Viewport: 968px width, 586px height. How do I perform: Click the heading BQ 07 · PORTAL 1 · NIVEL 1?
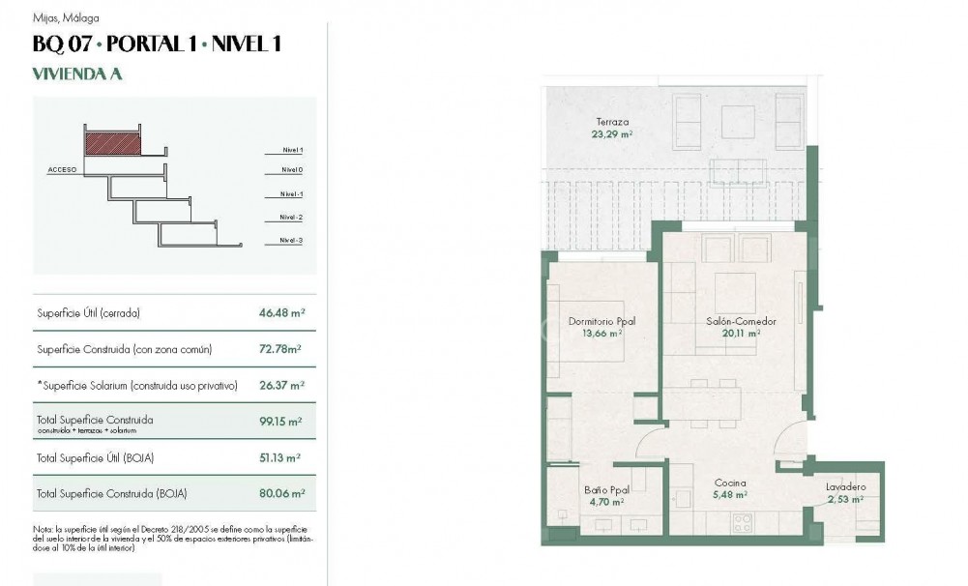click(x=157, y=44)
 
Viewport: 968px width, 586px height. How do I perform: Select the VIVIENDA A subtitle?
click(x=77, y=73)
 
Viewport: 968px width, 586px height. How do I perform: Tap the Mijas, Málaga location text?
click(x=66, y=17)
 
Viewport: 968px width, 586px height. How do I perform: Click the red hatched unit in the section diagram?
click(x=112, y=144)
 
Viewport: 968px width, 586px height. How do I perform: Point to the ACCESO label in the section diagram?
click(x=62, y=169)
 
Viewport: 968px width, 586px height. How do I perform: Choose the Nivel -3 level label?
click(x=291, y=240)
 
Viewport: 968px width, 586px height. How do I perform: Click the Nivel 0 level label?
click(x=291, y=169)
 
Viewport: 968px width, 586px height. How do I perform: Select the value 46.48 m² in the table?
click(x=281, y=313)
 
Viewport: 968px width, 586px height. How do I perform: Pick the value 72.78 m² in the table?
click(x=281, y=349)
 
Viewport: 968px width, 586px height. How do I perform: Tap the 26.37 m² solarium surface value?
click(x=281, y=385)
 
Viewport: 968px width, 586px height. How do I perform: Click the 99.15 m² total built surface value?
click(x=281, y=422)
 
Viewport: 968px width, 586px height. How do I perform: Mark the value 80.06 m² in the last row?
click(x=281, y=493)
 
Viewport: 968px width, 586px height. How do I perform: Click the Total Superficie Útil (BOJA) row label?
click(x=96, y=457)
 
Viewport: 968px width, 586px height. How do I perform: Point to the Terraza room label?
click(x=612, y=123)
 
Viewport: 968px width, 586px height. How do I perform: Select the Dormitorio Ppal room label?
click(x=601, y=321)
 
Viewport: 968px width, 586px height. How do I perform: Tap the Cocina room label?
click(x=730, y=483)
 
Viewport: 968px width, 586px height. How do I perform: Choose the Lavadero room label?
click(x=846, y=487)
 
